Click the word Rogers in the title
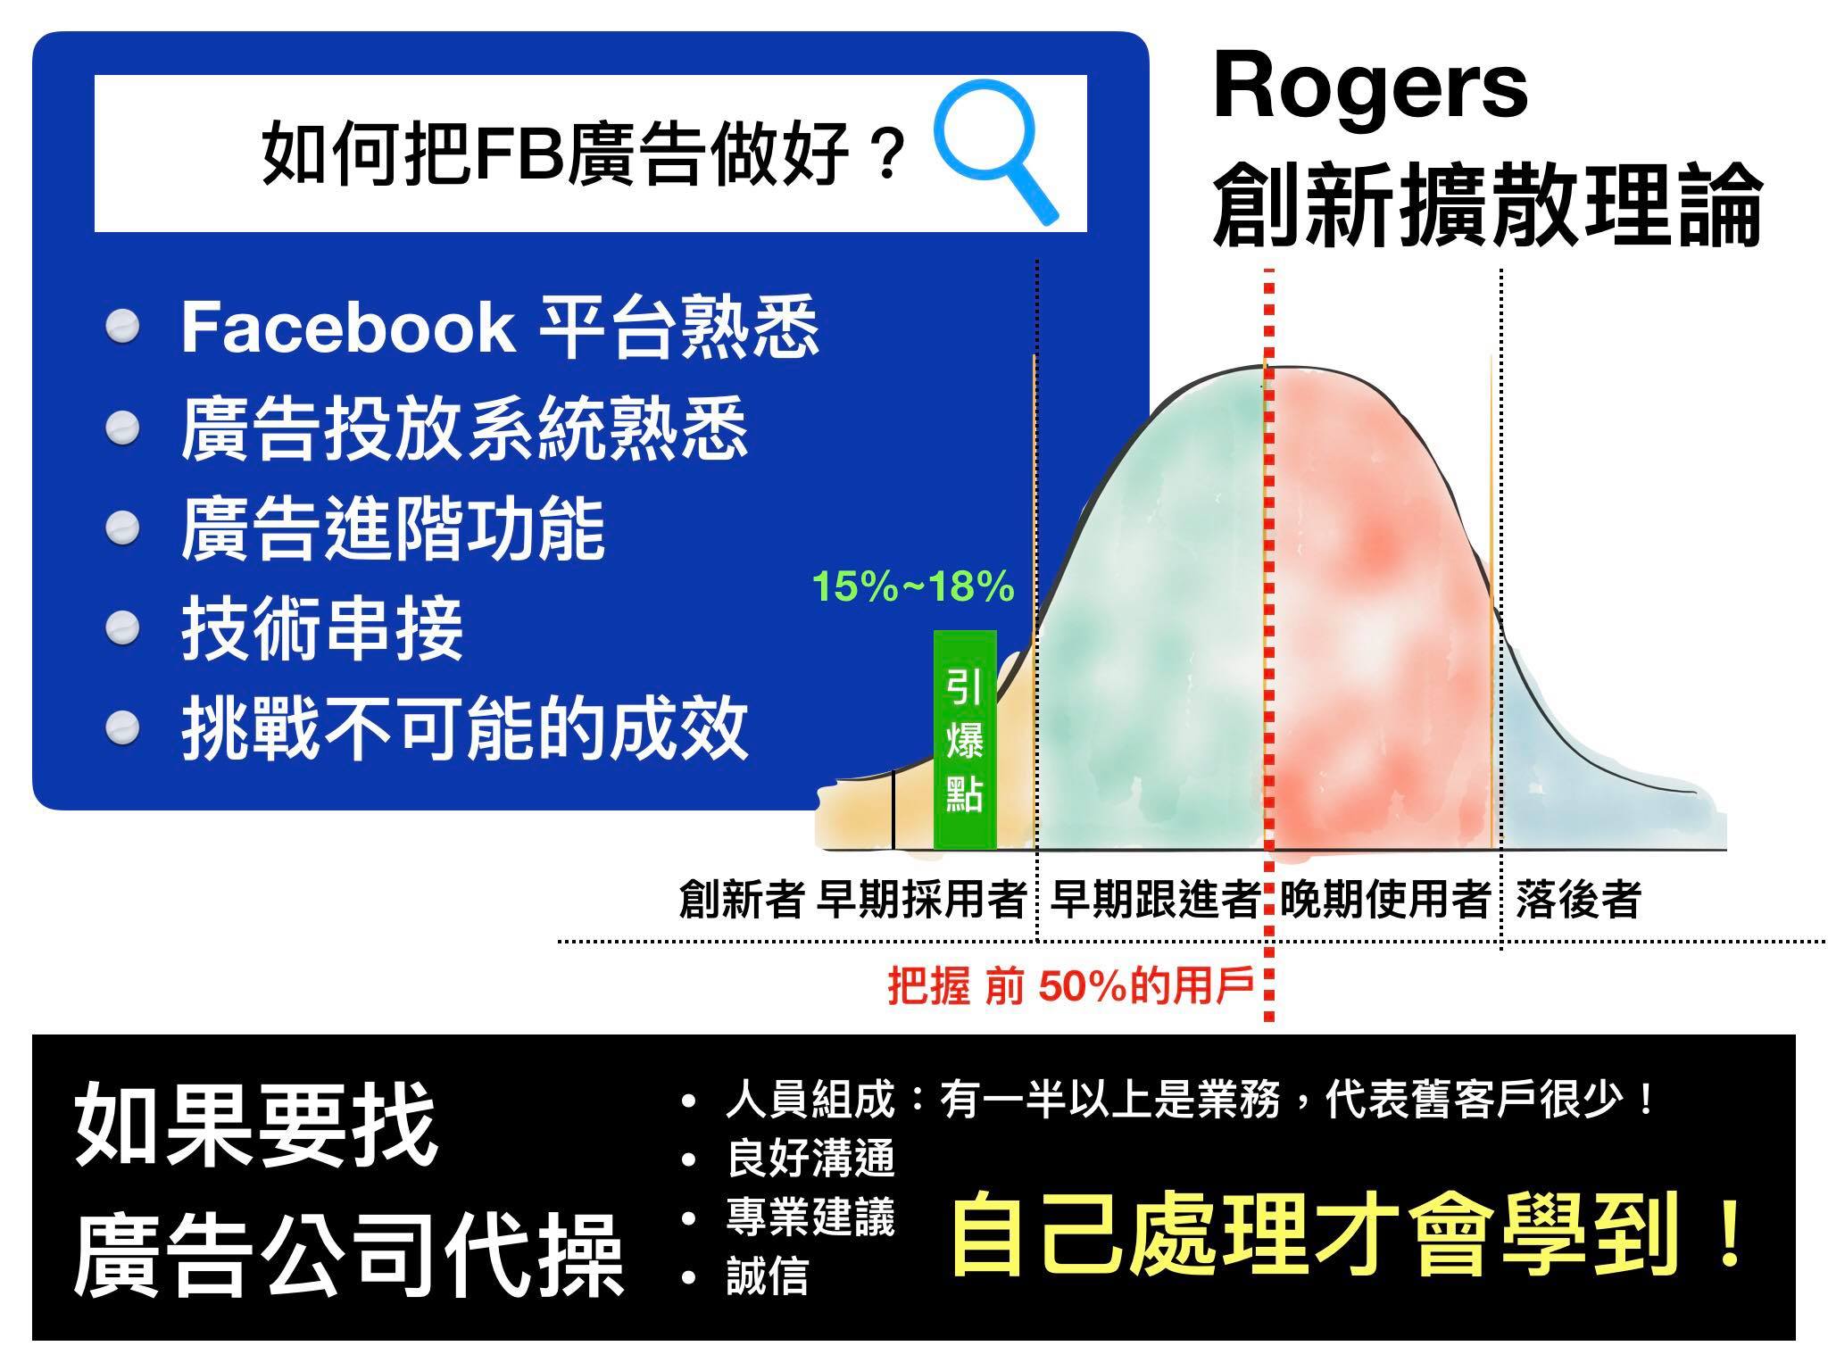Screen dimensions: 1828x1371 click(x=1370, y=90)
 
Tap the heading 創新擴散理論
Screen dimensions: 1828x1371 click(x=1487, y=204)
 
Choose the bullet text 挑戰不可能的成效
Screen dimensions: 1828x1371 click(x=464, y=728)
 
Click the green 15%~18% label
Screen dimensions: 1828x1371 click(x=912, y=587)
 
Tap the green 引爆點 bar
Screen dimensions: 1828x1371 click(x=964, y=740)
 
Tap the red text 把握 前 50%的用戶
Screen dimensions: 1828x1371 click(x=1071, y=987)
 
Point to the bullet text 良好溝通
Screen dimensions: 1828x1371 click(x=810, y=1159)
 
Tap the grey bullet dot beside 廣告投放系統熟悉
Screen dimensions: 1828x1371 click(x=122, y=429)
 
